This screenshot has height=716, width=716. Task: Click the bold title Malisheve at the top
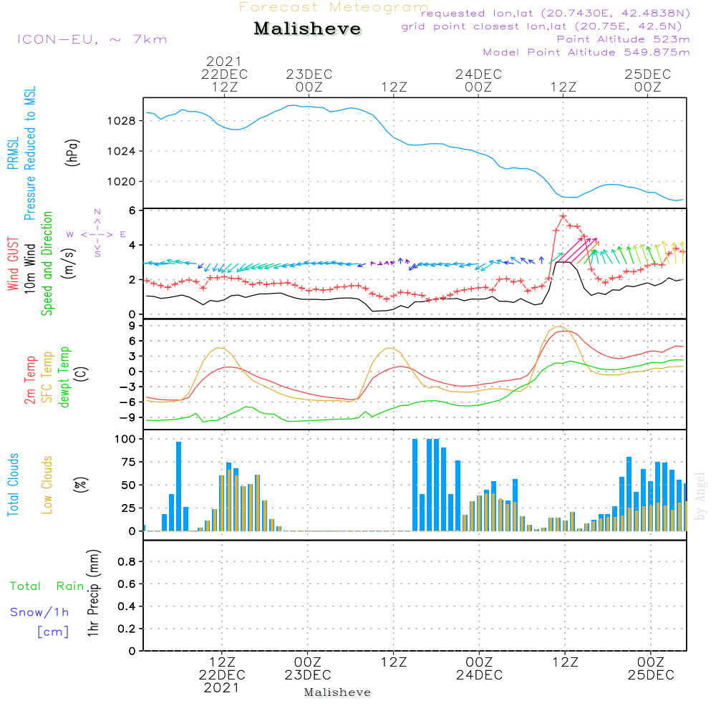click(x=307, y=29)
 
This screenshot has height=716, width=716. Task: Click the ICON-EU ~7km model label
click(x=92, y=39)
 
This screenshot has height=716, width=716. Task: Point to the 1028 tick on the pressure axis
click(x=121, y=121)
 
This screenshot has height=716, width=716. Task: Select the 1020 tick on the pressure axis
click(x=121, y=182)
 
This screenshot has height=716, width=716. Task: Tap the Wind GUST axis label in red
click(x=13, y=263)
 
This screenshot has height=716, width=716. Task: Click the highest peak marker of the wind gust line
click(x=563, y=216)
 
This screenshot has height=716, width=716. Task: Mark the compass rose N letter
click(x=97, y=212)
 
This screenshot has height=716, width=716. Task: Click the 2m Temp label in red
click(x=29, y=380)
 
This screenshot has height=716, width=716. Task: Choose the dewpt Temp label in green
click(x=64, y=377)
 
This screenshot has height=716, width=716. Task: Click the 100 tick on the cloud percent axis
click(x=125, y=440)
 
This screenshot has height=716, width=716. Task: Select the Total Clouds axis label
click(x=13, y=485)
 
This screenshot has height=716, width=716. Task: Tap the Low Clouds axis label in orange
click(x=47, y=485)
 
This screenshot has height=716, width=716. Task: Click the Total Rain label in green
click(x=47, y=586)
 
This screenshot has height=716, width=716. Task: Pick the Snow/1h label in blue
click(x=39, y=612)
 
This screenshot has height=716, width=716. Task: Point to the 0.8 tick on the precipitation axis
click(x=127, y=561)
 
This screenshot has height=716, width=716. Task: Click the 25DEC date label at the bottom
click(x=651, y=675)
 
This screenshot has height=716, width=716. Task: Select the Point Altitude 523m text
click(x=624, y=39)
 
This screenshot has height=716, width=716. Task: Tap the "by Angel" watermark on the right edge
click(x=700, y=496)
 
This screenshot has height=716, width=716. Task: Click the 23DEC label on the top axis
click(x=309, y=74)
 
